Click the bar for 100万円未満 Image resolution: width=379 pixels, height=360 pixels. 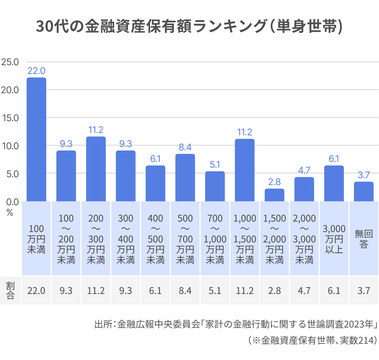(x=36, y=140)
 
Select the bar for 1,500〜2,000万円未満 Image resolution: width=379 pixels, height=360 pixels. (x=275, y=195)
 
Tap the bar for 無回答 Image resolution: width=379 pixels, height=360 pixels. (x=364, y=191)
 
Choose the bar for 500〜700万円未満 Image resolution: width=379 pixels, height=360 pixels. (x=185, y=177)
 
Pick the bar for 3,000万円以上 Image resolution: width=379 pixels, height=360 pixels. (x=334, y=183)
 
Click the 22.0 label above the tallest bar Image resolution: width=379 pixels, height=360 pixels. (x=36, y=71)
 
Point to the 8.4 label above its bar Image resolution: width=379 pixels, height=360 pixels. (x=185, y=147)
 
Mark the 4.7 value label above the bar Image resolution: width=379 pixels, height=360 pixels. (x=304, y=170)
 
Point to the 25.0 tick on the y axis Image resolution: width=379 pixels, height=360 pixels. (x=10, y=62)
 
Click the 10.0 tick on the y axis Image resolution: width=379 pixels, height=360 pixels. (x=10, y=146)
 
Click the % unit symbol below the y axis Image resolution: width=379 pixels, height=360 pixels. (x=10, y=212)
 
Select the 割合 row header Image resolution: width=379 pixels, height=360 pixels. (x=10, y=290)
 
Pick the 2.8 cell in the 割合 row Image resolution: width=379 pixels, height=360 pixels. (x=275, y=291)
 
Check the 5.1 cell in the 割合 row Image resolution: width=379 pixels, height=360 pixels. (x=215, y=291)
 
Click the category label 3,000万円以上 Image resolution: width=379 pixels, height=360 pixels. (x=334, y=239)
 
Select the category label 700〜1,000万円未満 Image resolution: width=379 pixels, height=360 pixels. (x=215, y=239)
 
